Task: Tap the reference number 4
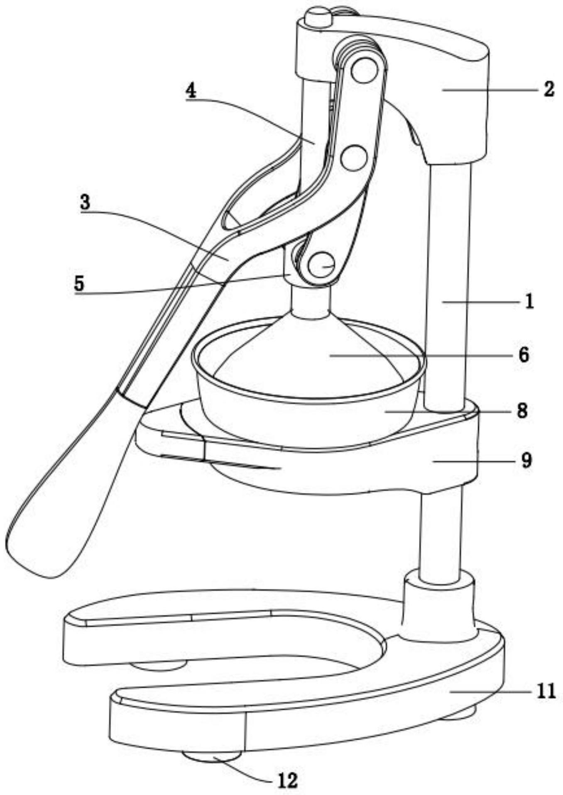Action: (191, 90)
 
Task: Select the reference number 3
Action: (85, 202)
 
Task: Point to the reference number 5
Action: (79, 283)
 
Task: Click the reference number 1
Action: (529, 302)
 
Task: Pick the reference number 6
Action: (524, 355)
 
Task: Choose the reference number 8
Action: (522, 410)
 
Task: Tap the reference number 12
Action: (287, 780)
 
